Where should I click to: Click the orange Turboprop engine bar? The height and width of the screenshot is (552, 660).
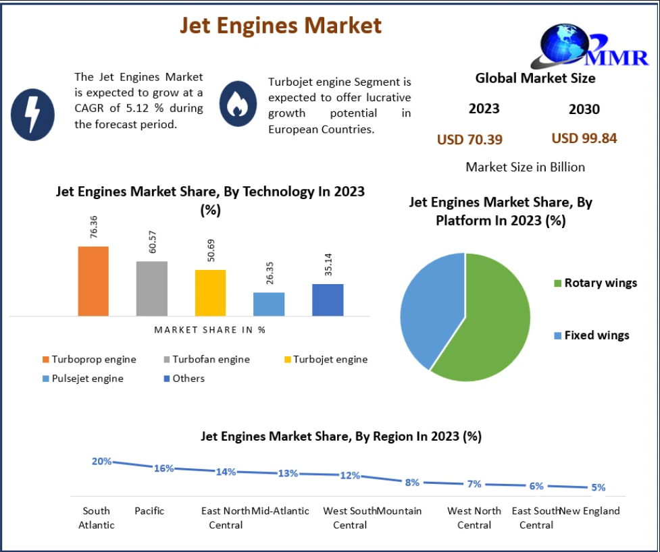93,281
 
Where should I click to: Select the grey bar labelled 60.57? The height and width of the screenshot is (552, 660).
151,288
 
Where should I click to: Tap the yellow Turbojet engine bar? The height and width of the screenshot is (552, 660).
210,292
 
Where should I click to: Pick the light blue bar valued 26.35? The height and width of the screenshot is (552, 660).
269,304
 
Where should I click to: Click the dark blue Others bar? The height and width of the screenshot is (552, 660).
328,300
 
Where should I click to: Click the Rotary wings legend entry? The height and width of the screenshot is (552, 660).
594,283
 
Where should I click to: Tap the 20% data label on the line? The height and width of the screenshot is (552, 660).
101,462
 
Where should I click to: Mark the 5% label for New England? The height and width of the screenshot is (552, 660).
598,487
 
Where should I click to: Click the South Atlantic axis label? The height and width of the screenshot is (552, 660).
97,518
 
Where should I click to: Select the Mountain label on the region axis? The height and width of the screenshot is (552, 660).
399,511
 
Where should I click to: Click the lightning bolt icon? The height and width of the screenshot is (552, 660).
33,113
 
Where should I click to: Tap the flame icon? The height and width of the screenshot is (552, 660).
237,103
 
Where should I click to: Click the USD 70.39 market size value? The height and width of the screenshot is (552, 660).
469,140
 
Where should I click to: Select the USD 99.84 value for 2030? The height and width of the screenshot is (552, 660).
584,138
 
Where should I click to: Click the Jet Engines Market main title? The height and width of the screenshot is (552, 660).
280,25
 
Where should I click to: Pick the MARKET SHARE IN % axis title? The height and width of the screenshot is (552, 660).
209,330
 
